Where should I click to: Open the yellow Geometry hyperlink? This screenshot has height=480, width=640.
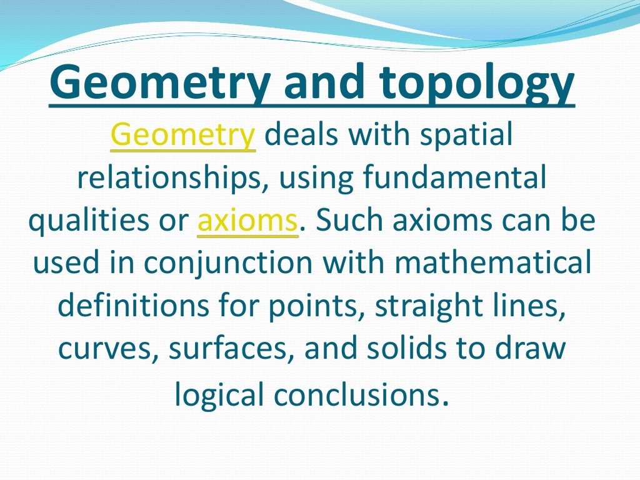coord(182,136)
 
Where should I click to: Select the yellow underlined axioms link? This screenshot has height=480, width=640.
coord(247,221)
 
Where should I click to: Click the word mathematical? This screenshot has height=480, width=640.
coord(492,264)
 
